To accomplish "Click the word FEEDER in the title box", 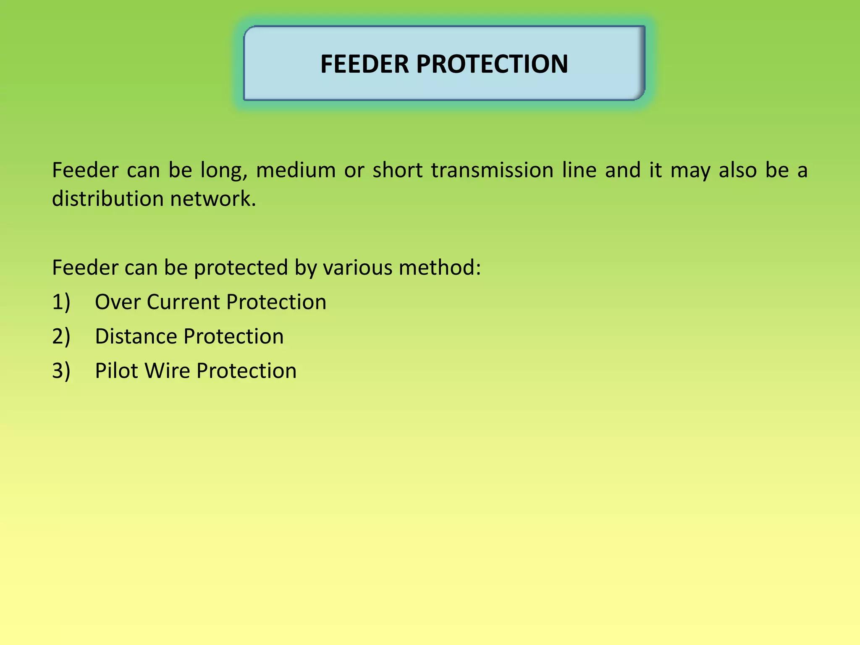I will click(x=364, y=64).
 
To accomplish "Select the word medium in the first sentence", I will click(x=296, y=170).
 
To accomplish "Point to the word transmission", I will click(x=492, y=170).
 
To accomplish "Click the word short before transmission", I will click(x=397, y=170).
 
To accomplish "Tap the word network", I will click(x=213, y=199).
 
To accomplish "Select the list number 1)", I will click(x=61, y=302).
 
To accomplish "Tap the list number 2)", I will click(x=61, y=337).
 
